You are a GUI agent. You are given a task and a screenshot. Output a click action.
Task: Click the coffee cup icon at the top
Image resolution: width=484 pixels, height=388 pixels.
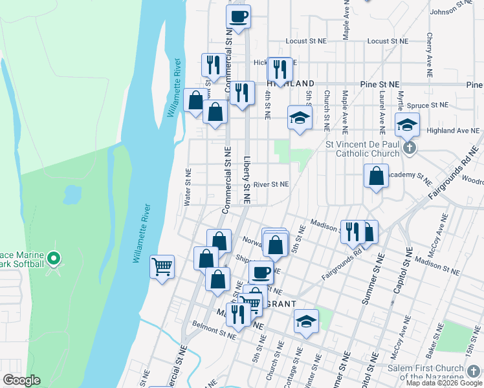pyautogui.click(x=238, y=16)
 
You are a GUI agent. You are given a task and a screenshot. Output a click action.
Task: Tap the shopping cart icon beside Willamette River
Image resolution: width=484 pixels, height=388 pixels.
pyautogui.click(x=162, y=266)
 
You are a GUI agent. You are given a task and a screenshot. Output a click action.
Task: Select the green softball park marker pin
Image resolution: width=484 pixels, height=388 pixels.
pyautogui.click(x=54, y=260)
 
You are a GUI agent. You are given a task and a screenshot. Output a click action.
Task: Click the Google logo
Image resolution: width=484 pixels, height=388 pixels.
pyautogui.click(x=21, y=380)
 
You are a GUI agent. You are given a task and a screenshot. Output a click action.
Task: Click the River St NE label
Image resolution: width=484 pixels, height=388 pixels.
pyautogui.click(x=271, y=184)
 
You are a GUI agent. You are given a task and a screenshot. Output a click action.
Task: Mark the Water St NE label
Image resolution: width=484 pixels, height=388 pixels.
pyautogui.click(x=188, y=188)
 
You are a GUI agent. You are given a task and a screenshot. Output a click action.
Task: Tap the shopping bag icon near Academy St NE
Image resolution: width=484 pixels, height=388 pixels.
pyautogui.click(x=376, y=175)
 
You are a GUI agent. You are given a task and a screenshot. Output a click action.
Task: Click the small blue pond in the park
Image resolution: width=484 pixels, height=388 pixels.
pyautogui.click(x=72, y=192)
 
